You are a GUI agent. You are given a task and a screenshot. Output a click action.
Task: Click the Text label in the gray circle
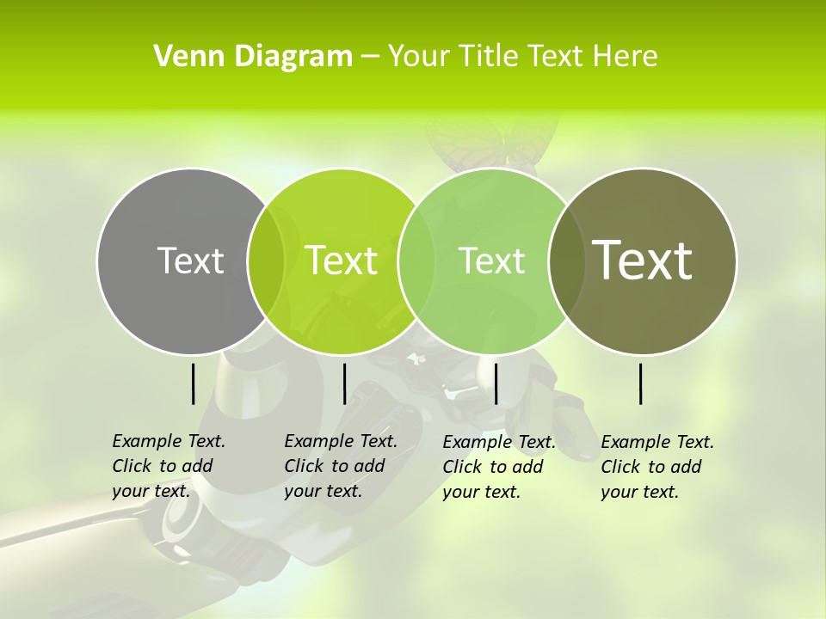click(190, 260)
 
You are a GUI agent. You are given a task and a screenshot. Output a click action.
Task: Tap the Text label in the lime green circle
click(341, 260)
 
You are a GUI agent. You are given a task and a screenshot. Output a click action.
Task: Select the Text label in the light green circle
click(492, 260)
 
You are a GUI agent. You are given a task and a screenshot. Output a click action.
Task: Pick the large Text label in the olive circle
click(642, 260)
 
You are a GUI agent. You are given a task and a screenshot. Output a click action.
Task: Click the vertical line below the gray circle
click(193, 383)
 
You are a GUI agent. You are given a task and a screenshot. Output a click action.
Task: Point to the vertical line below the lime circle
click(344, 383)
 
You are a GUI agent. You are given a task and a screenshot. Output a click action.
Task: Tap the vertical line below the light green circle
click(496, 383)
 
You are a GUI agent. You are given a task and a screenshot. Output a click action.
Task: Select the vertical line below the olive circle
click(641, 383)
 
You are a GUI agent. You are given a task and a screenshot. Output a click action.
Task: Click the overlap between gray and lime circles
click(266, 260)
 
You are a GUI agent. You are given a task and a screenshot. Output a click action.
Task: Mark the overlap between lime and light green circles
click(417, 260)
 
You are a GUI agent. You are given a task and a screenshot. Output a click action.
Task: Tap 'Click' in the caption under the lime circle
click(304, 466)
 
